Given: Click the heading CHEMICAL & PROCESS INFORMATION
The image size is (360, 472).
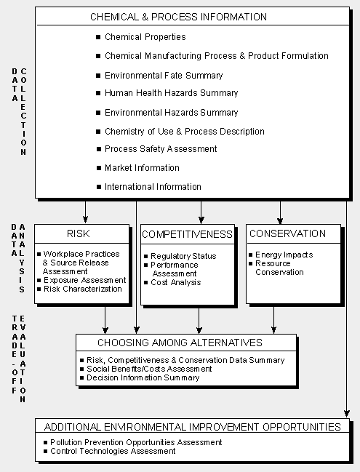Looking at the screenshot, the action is click(178, 17).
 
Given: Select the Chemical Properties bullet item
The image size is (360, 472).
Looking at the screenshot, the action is click(145, 37).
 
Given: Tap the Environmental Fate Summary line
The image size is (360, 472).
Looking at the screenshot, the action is click(164, 75).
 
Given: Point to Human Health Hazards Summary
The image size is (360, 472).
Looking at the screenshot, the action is click(171, 93).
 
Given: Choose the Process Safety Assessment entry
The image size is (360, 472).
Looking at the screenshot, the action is click(161, 149).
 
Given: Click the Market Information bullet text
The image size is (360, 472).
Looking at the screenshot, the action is click(142, 168).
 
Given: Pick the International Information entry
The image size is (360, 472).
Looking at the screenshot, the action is click(153, 187).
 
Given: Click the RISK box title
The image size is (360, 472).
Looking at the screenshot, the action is click(79, 233).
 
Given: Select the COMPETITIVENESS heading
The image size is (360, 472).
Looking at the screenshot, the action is click(187, 234).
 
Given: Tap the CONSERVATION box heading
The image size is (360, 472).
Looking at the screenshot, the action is click(287, 233).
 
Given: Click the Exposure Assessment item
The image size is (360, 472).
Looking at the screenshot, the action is click(84, 280).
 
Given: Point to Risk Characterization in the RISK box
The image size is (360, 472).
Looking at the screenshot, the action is click(83, 289).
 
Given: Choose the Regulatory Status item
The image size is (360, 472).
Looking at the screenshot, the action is click(183, 256).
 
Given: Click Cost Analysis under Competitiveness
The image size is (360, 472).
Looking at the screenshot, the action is click(176, 282).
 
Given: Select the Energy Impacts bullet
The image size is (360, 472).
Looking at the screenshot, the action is click(284, 255).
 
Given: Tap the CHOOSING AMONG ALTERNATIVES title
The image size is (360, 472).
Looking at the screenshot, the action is click(180, 343).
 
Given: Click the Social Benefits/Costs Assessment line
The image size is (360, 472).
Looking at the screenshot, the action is click(149, 369).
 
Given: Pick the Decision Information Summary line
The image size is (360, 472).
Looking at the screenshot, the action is click(143, 377).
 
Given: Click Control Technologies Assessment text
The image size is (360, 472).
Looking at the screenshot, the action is click(113, 451).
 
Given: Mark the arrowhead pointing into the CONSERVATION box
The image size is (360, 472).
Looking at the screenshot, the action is click(280, 221).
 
